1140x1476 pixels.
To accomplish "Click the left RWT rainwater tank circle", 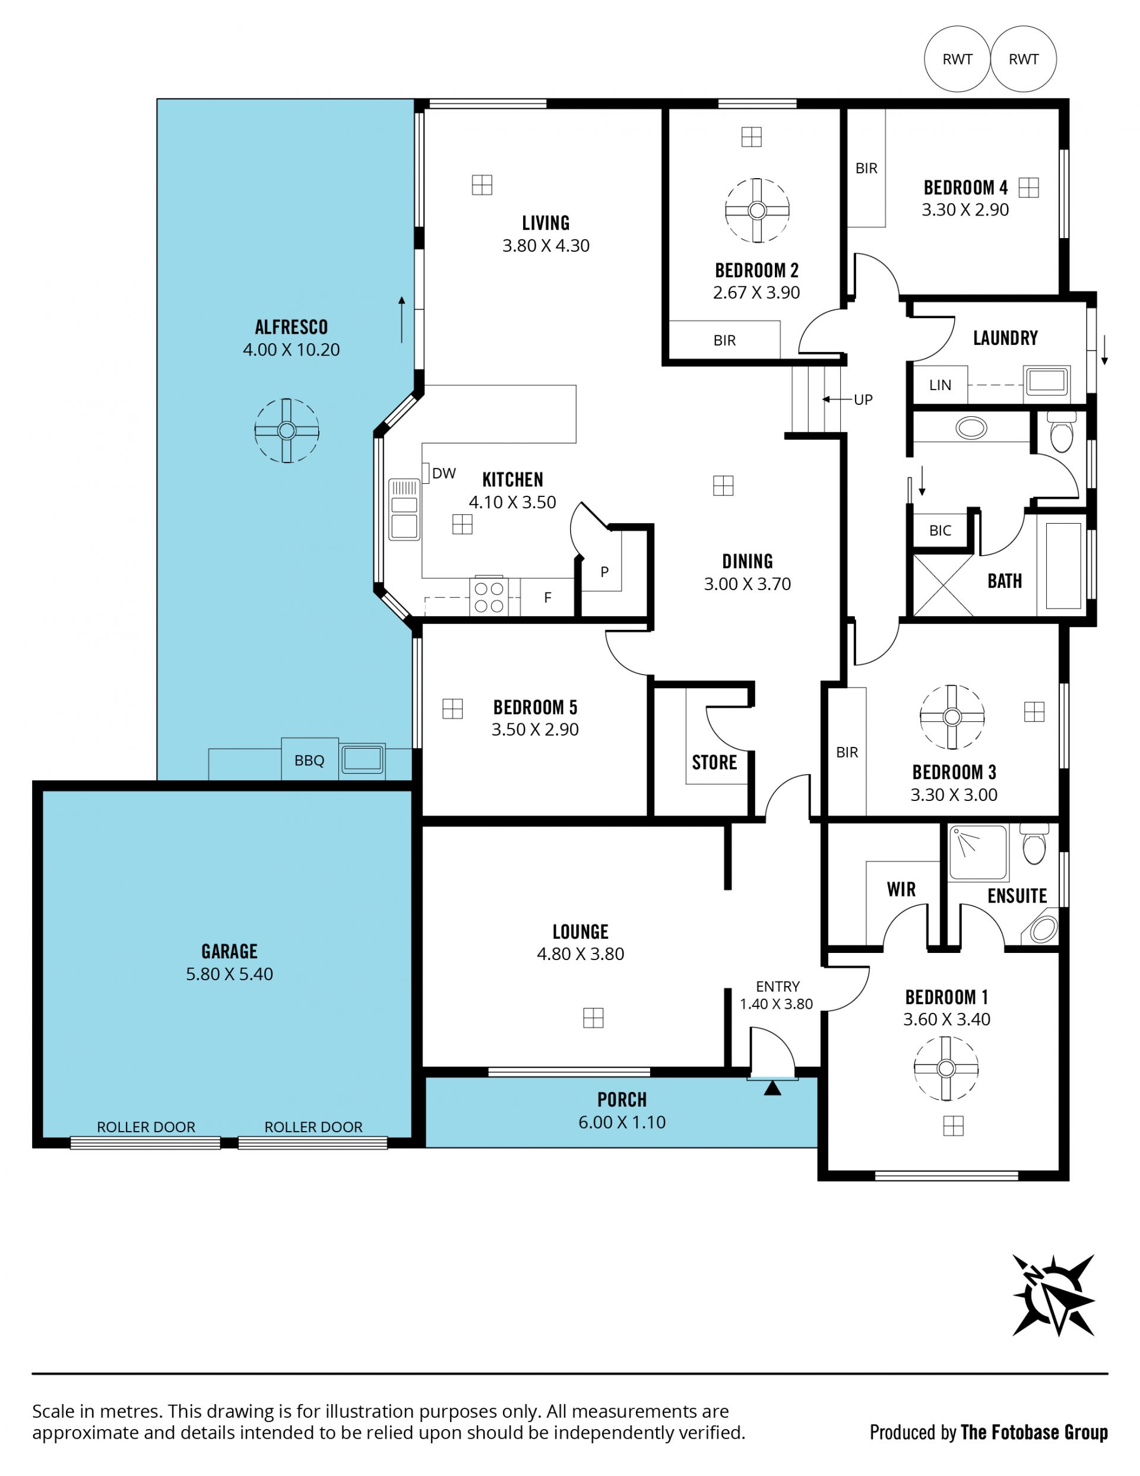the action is pos(957,59).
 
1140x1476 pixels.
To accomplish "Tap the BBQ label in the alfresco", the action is pos(309,761).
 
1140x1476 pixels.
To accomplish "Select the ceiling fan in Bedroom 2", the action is pos(757,210).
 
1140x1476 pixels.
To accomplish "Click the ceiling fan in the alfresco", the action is pos(287,430).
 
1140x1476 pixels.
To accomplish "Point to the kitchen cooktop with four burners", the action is pos(489,596).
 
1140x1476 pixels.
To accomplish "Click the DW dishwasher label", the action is pos(444,474).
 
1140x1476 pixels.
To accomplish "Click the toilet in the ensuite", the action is pos(1034,844).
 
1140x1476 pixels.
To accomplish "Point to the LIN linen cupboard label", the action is pos(940,385).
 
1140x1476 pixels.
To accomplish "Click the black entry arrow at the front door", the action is pos(772,1088).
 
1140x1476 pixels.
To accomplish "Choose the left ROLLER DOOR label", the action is pos(146,1127).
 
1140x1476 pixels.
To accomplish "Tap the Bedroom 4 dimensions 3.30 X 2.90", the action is pos(965,210).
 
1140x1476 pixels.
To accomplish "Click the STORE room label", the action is pos(714,762).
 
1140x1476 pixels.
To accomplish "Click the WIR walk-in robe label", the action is pos(901,889).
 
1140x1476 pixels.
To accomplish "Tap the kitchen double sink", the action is pos(404,509).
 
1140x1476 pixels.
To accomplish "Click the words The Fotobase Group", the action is pos(1034,1432).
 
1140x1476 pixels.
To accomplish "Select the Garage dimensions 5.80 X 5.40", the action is pos(229,974).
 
